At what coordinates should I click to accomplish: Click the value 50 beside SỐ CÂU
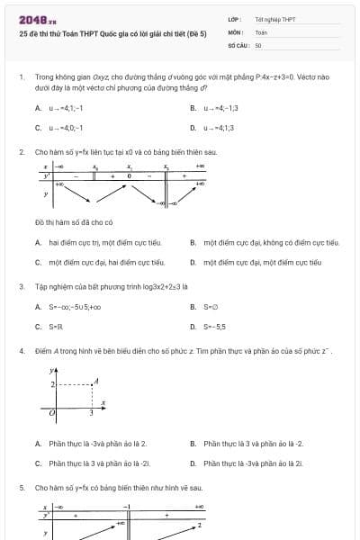(258, 44)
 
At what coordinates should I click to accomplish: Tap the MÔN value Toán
(261, 31)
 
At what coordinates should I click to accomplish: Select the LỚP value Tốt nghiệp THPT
(275, 19)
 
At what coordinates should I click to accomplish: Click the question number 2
(21, 152)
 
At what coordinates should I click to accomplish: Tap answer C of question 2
(99, 263)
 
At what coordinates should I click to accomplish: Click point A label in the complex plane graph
(103, 379)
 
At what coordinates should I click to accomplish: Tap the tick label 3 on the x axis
(92, 413)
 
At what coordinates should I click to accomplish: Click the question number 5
(21, 487)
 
